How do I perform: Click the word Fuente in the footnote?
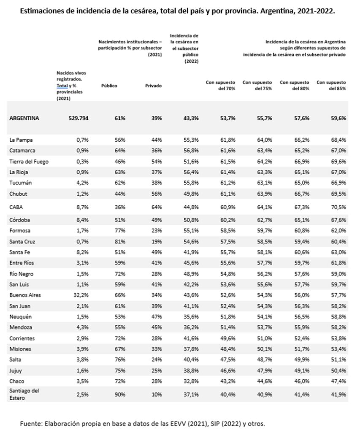click(x=30, y=423)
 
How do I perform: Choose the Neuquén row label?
click(x=21, y=316)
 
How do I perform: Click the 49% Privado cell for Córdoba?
click(x=157, y=220)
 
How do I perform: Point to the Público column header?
click(x=109, y=86)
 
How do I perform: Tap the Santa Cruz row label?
click(x=23, y=241)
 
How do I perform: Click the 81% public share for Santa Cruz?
click(x=121, y=241)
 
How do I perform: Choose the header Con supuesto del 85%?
click(x=332, y=86)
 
